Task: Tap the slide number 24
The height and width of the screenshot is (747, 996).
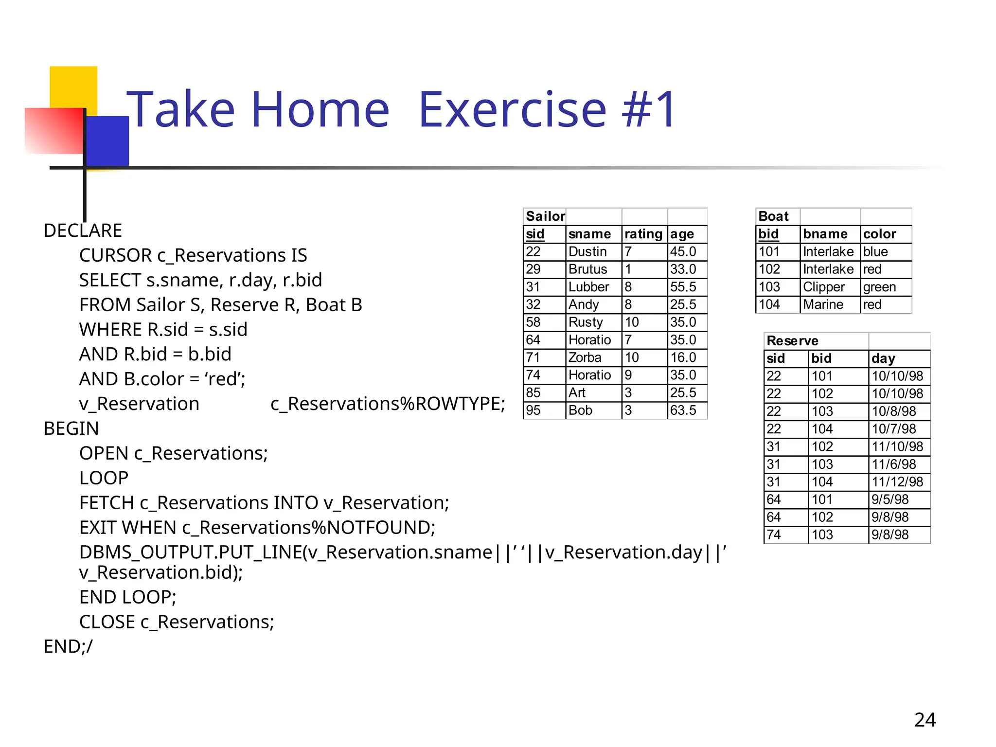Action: coord(925,720)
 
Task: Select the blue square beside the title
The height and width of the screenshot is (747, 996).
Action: coord(107,141)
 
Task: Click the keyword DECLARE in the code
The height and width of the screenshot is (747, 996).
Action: coord(83,231)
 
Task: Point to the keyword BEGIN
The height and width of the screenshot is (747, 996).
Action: coord(71,428)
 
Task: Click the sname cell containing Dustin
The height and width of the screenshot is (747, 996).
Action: coord(587,251)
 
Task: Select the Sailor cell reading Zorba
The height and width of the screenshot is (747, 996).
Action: coord(585,357)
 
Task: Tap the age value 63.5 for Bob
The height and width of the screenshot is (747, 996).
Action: coord(683,410)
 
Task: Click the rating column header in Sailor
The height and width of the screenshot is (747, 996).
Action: coord(643,234)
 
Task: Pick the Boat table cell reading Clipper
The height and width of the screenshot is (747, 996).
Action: coord(823,287)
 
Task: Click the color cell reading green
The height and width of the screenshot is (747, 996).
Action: coord(879,287)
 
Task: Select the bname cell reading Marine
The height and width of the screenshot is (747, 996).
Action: coord(823,304)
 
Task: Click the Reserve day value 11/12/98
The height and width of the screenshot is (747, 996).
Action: coord(897,482)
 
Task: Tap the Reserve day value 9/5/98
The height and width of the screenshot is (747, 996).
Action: coord(889,499)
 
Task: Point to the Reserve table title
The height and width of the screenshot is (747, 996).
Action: coord(792,341)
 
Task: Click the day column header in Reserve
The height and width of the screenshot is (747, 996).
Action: coord(883,358)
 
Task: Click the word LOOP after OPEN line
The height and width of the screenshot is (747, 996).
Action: coord(104,478)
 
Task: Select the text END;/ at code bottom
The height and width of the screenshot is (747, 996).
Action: coord(68,646)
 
